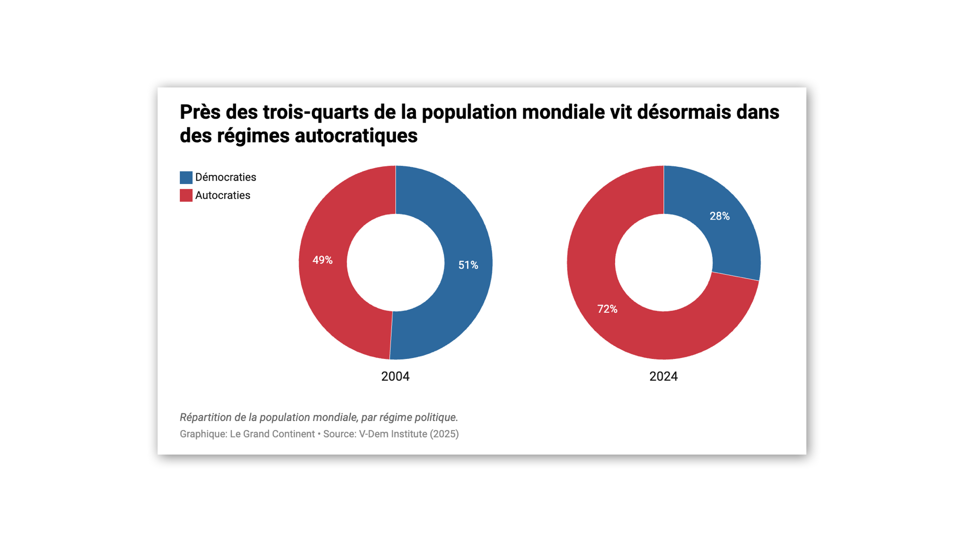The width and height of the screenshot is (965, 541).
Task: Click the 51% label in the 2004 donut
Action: pyautogui.click(x=468, y=265)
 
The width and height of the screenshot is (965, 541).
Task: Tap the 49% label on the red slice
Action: pyautogui.click(x=322, y=260)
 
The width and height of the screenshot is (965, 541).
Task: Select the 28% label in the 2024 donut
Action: pyautogui.click(x=719, y=216)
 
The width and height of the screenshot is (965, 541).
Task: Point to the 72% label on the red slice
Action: pyautogui.click(x=607, y=309)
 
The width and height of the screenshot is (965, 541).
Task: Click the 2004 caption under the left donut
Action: pyautogui.click(x=395, y=376)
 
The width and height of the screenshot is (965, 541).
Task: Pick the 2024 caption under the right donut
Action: pyautogui.click(x=663, y=376)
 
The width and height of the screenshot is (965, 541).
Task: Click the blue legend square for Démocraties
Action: pyautogui.click(x=186, y=177)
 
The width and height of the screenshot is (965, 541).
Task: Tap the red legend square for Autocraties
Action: pyautogui.click(x=186, y=196)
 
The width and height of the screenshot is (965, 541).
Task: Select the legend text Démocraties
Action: pyautogui.click(x=225, y=177)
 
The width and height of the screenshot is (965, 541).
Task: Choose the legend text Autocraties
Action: pyautogui.click(x=222, y=196)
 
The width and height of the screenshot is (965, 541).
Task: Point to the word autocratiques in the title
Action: pyautogui.click(x=356, y=136)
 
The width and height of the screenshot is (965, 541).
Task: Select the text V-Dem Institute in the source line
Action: pyautogui.click(x=393, y=434)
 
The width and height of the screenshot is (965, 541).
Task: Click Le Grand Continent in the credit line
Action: pyautogui.click(x=272, y=434)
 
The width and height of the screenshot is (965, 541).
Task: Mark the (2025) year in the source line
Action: pyautogui.click(x=444, y=434)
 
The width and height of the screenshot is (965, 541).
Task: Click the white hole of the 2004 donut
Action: pyautogui.click(x=396, y=262)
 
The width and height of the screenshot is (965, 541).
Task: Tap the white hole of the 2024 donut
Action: pyautogui.click(x=664, y=262)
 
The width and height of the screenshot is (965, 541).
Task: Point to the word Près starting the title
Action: pyautogui.click(x=200, y=112)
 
